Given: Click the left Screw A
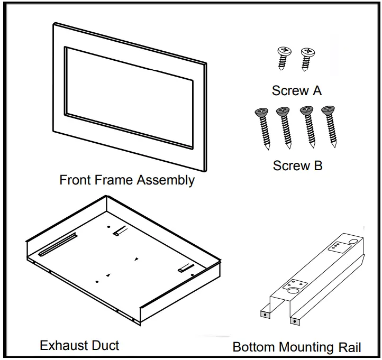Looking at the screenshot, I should point(284,58).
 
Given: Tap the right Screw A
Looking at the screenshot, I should point(305,58).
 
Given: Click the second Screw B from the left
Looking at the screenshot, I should point(285,127).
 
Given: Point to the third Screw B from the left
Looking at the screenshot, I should point(307,126).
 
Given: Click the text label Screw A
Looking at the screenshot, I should point(296,90).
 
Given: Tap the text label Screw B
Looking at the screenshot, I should point(297,165).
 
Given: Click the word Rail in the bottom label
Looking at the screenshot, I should point(349,347).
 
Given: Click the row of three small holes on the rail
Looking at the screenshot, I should point(335,246).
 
